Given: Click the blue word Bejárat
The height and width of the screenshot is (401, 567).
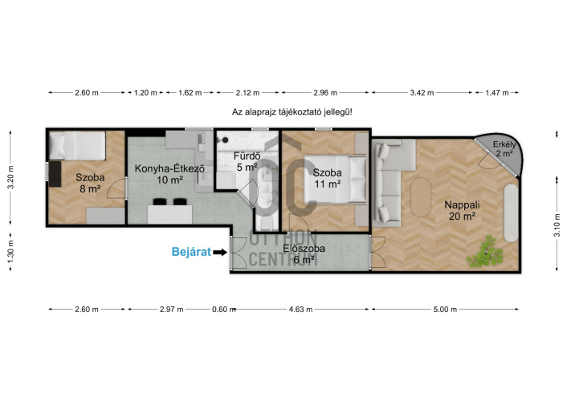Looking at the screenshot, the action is (x=191, y=252).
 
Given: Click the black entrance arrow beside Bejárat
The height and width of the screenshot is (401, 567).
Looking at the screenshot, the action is (x=220, y=252).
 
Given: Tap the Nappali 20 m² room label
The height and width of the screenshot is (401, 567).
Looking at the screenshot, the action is (x=462, y=210).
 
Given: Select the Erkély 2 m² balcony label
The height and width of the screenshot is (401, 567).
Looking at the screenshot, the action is (x=504, y=149).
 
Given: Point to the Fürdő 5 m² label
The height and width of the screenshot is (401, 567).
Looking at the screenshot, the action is (x=247, y=161).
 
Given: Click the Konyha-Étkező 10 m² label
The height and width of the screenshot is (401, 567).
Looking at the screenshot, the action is (x=169, y=174).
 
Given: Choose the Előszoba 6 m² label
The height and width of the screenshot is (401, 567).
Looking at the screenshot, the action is (x=304, y=253).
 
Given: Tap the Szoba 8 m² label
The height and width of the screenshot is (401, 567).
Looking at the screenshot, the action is (x=90, y=183).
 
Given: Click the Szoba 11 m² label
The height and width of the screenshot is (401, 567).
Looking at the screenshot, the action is (x=327, y=178).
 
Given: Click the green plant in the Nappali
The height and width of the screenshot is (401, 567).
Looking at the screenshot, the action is (x=484, y=252).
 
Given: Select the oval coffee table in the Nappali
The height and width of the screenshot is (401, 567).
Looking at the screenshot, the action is (x=421, y=196).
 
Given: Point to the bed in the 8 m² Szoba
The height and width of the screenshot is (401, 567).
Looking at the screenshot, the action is (x=77, y=146).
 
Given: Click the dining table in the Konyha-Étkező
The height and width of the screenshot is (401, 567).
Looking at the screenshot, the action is (x=169, y=214).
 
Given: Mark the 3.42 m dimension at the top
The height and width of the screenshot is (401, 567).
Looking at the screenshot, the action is (x=422, y=93).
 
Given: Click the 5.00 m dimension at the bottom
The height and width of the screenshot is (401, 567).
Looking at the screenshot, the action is (x=445, y=310).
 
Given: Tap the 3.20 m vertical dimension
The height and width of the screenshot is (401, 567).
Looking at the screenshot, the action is (x=11, y=177).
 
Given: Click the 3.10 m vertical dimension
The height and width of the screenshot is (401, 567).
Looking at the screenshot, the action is (x=557, y=225).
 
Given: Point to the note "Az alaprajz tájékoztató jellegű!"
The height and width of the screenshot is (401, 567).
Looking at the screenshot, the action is (x=292, y=112).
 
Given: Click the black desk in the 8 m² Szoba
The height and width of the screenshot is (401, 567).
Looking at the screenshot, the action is (x=55, y=174).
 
